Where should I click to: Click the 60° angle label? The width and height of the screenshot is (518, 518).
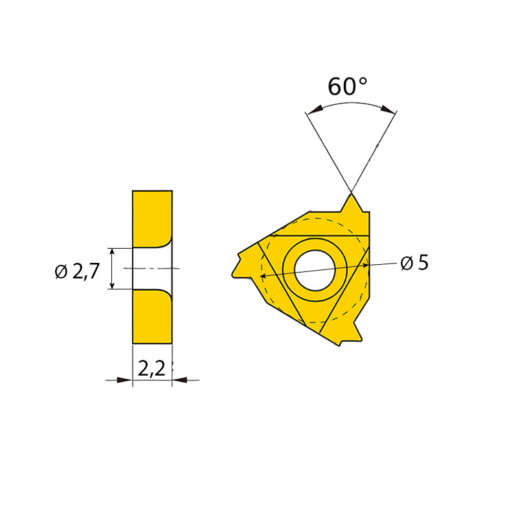tap(347, 87)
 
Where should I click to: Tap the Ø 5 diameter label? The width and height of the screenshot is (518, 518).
tap(414, 263)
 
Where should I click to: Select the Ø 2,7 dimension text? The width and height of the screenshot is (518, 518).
tap(77, 271)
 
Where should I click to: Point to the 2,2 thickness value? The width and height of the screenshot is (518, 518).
tap(152, 368)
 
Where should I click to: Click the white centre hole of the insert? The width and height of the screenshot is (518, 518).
tap(315, 271)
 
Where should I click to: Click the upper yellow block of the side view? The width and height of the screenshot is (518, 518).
tap(152, 218)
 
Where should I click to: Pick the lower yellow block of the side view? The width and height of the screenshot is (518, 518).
tap(152, 317)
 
